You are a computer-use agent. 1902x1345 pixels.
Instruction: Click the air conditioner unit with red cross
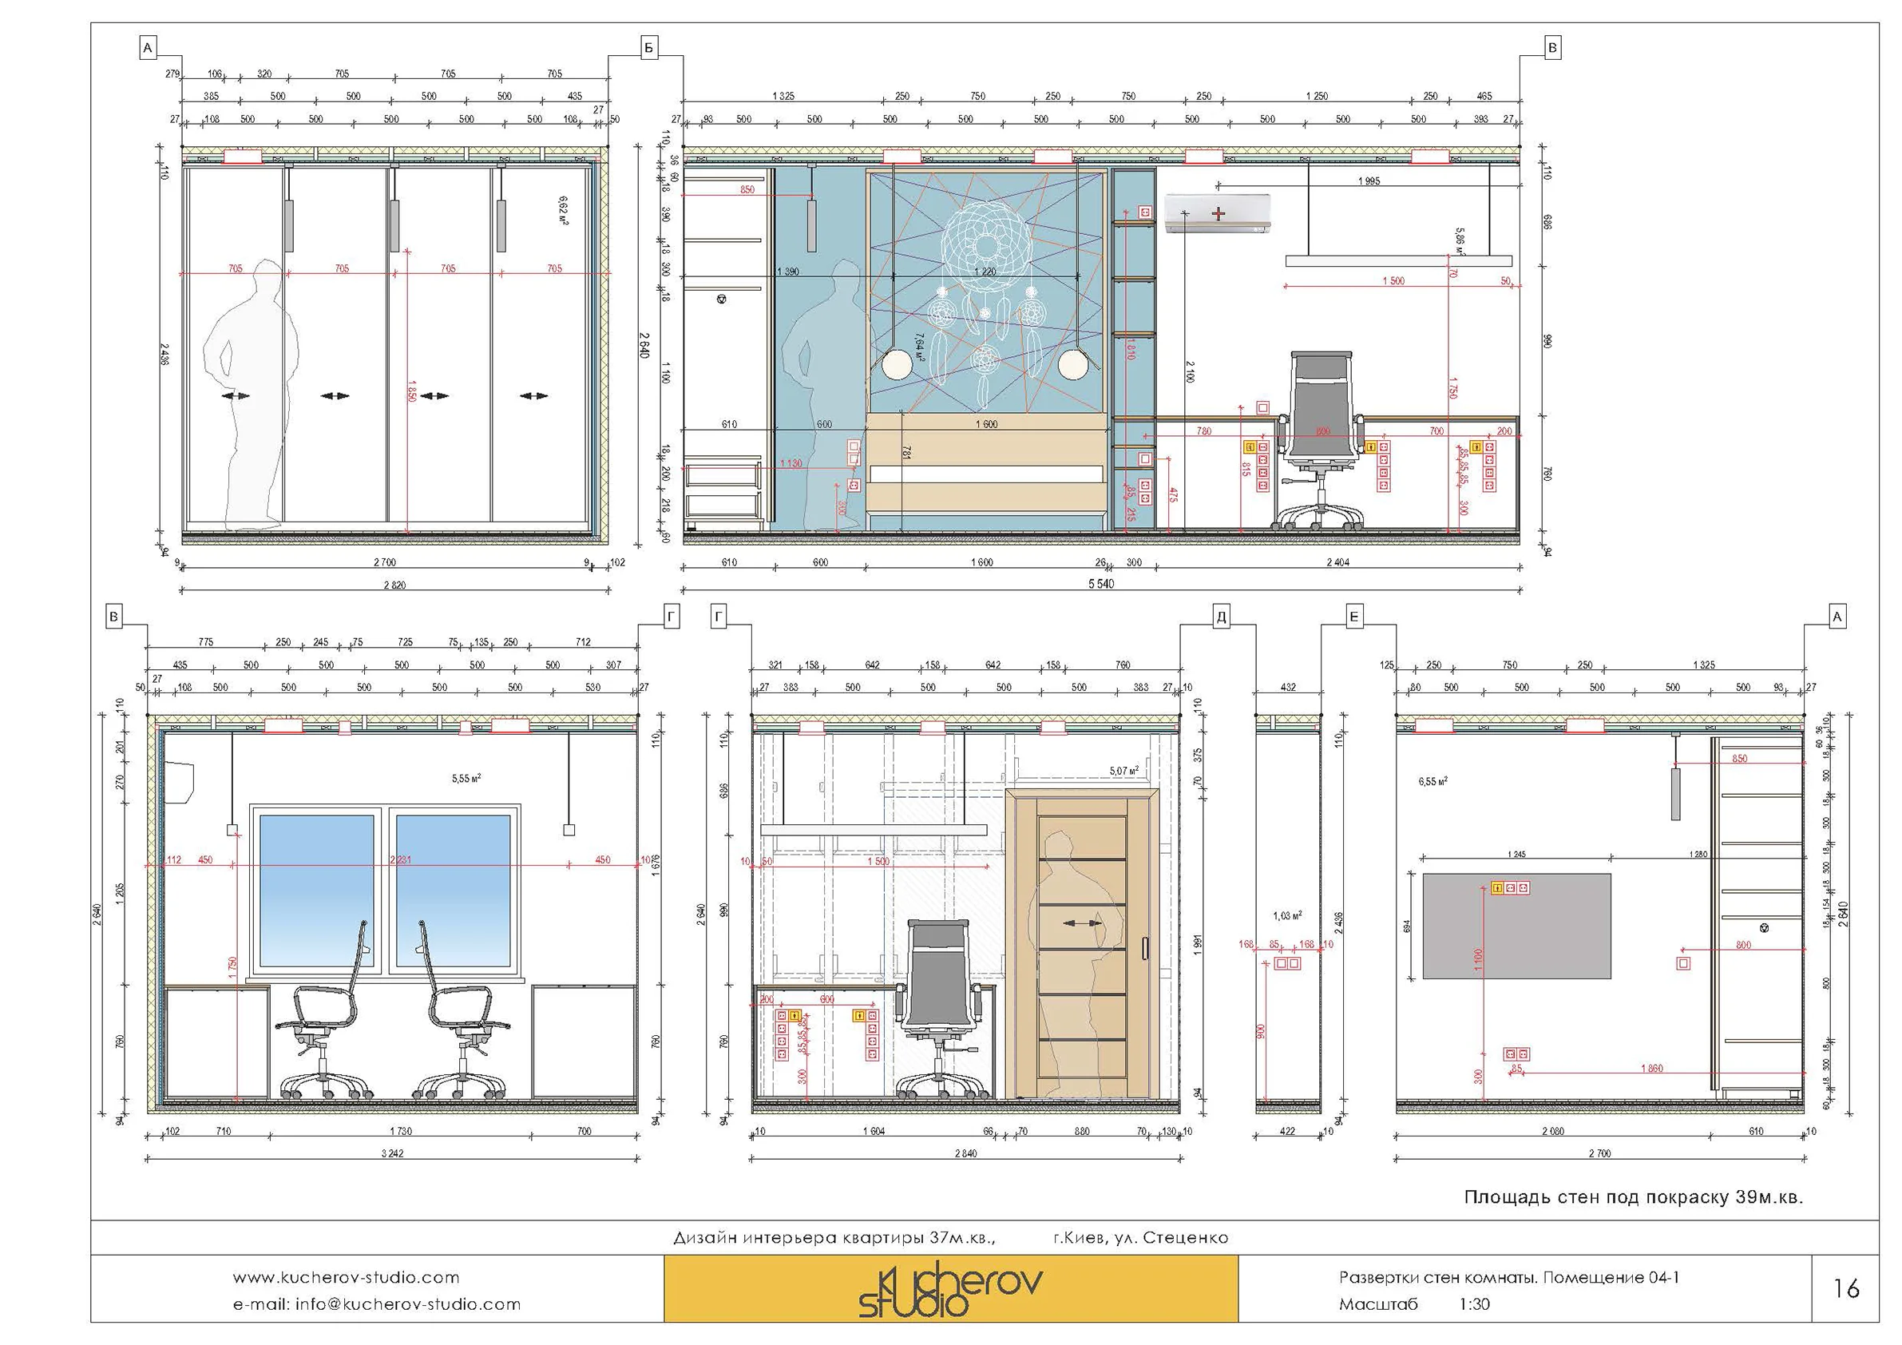tap(1217, 214)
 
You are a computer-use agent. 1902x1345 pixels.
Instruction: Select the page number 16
tap(1845, 1288)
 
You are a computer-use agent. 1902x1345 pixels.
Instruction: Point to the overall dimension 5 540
tap(1101, 584)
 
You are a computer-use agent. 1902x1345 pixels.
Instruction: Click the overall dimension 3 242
tap(393, 1153)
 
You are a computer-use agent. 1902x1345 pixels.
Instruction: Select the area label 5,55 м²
tap(466, 778)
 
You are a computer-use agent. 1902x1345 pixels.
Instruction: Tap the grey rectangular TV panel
tap(1517, 926)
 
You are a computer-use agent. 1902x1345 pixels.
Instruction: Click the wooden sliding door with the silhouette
tap(1081, 945)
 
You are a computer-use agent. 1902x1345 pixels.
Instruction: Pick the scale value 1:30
tap(1475, 1304)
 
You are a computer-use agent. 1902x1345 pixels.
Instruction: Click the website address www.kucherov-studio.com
tap(346, 1278)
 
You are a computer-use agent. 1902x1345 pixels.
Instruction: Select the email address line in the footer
tap(377, 1304)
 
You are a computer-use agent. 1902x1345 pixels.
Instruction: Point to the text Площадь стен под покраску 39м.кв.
tap(1634, 1197)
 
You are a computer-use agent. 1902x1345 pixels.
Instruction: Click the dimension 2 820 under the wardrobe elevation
tap(394, 585)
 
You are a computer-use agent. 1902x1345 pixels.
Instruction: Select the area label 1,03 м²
tap(1287, 916)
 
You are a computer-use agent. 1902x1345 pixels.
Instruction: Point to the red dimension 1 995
tap(1369, 181)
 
